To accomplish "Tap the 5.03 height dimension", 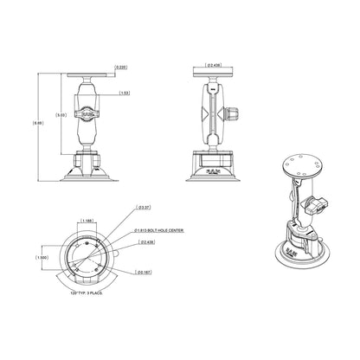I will [57, 115].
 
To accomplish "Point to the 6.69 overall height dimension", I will [36, 124].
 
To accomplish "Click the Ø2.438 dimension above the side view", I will [215, 65].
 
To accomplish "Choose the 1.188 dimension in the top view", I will [90, 221].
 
